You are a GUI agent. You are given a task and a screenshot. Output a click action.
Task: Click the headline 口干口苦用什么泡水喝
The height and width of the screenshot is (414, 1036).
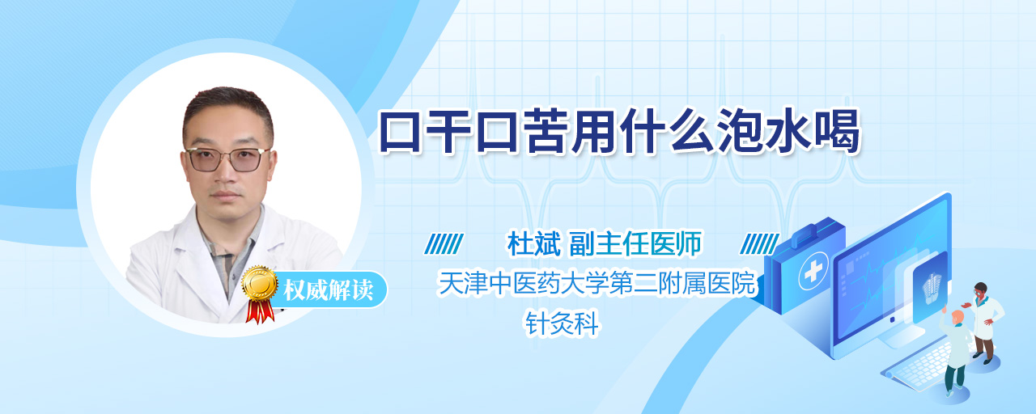click(x=620, y=131)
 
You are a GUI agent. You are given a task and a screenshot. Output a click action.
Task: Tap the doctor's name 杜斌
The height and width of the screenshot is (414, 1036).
click(x=534, y=243)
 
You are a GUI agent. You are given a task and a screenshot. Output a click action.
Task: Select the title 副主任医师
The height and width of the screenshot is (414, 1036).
click(x=635, y=243)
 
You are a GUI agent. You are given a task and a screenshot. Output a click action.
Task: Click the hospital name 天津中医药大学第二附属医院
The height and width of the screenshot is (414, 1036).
click(x=597, y=283)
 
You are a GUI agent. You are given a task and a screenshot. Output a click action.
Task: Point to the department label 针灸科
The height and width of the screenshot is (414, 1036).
click(x=562, y=323)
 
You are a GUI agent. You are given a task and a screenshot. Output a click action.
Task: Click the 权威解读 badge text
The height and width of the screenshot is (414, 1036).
click(x=328, y=290)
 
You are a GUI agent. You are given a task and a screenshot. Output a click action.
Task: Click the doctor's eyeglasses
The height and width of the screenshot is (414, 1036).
click(x=227, y=159)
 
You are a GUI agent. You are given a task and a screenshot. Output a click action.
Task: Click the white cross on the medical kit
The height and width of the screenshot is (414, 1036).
click(x=813, y=271)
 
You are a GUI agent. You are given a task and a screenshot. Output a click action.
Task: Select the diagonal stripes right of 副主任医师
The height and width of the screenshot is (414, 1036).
click(x=760, y=244)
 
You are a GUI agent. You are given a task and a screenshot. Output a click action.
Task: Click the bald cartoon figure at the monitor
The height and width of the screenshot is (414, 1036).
click(x=956, y=352)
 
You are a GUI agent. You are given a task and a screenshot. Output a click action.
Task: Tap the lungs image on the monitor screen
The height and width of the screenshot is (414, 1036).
click(x=931, y=289)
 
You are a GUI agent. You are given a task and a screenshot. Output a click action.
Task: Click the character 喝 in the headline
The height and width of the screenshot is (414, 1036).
click(x=837, y=132)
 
